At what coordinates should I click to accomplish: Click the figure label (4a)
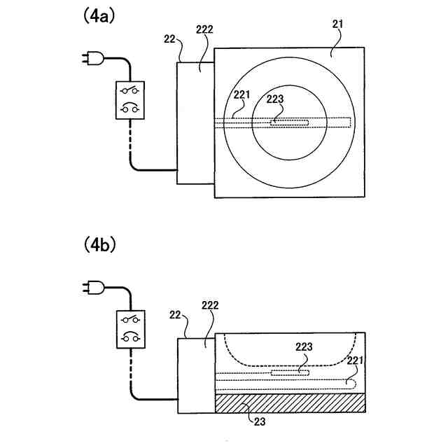coord(99,16)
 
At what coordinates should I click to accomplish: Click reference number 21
coord(337,25)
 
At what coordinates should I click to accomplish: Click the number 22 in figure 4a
coord(169,39)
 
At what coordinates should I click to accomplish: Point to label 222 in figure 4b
coord(209,307)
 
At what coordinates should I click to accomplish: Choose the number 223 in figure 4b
coord(304,346)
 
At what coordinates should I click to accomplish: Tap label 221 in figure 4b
coord(356,360)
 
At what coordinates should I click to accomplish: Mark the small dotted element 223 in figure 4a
coord(289,123)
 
